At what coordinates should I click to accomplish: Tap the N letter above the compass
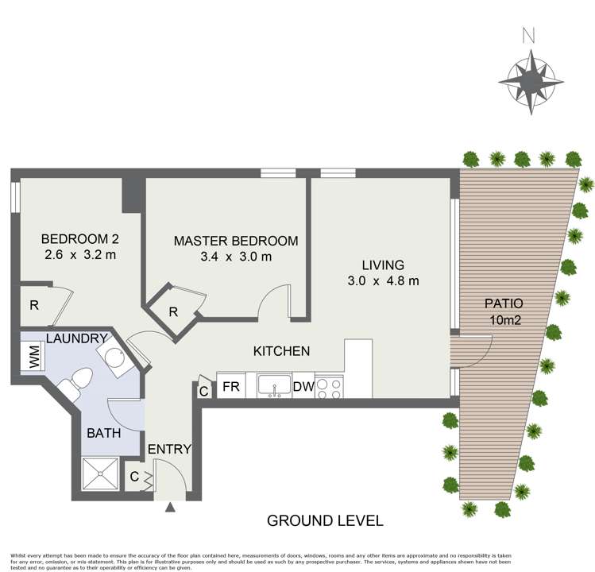pyautogui.click(x=527, y=36)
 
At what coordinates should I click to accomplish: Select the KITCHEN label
pyautogui.click(x=281, y=350)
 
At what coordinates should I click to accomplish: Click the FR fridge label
pyautogui.click(x=231, y=387)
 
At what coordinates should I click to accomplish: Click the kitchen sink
pyautogui.click(x=274, y=386)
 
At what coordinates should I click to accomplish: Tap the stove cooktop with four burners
pyautogui.click(x=330, y=387)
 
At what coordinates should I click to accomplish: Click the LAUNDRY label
pyautogui.click(x=76, y=339)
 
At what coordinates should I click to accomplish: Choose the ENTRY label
pyautogui.click(x=170, y=450)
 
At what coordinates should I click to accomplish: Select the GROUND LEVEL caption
pyautogui.click(x=325, y=521)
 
